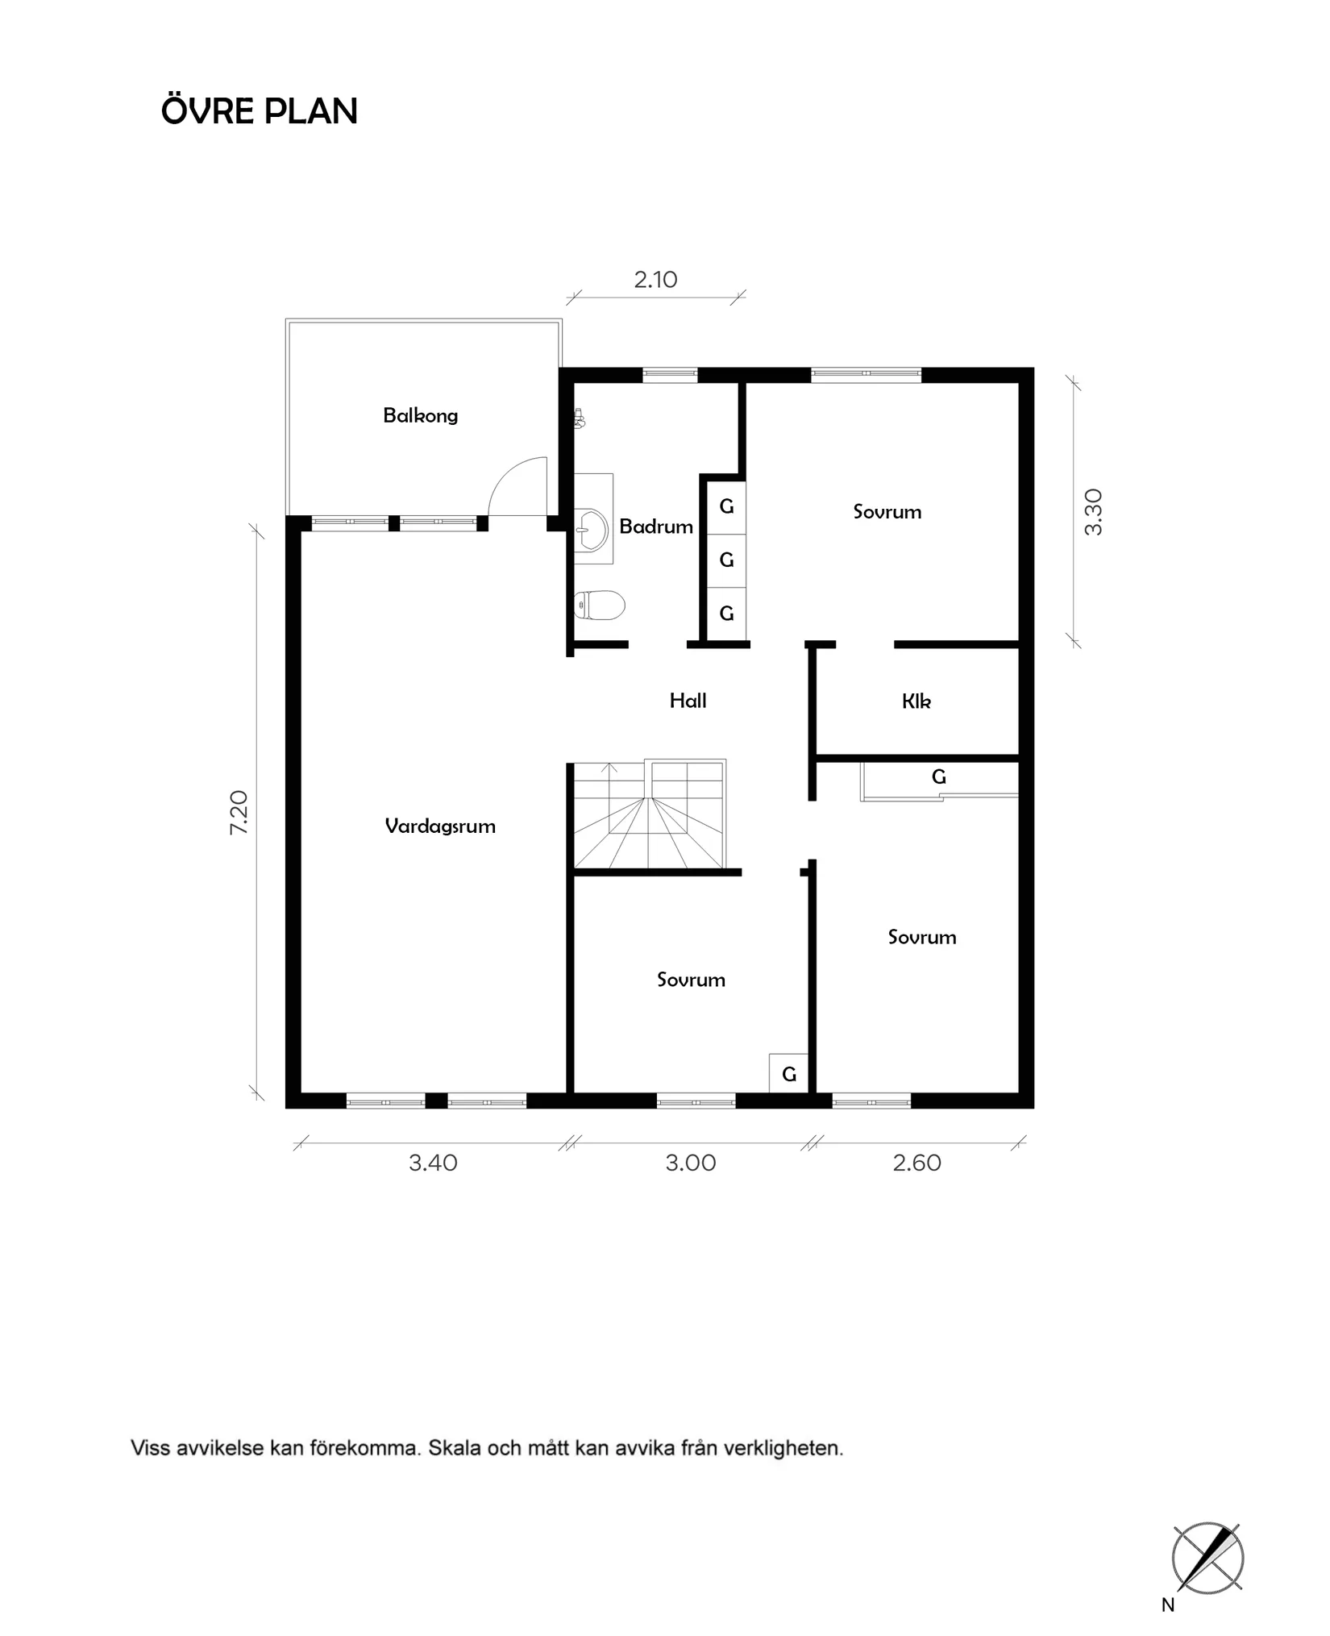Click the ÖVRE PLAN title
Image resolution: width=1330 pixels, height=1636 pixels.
259,111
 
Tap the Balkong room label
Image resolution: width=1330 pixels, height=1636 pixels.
420,416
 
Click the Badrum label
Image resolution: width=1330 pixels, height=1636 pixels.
655,527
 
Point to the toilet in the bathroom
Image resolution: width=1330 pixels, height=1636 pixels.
600,605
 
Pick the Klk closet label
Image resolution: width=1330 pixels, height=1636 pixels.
916,701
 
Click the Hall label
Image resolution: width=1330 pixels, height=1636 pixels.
688,701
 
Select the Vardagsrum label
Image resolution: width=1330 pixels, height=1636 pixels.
439,826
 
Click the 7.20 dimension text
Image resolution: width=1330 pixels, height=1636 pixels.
239,812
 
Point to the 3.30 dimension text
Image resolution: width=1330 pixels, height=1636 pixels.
1093,512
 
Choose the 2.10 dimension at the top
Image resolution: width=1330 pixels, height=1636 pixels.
655,280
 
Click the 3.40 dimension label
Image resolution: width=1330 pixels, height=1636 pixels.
433,1163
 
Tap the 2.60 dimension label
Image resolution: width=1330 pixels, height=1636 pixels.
916,1163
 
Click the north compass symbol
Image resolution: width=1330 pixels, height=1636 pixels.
1207,1558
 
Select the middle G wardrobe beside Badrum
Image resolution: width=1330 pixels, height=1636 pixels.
726,560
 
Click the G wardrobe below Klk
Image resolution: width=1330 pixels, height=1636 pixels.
938,777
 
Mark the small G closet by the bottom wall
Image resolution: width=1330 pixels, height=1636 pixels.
788,1074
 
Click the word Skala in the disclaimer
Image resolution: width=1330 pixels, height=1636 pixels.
454,1448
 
